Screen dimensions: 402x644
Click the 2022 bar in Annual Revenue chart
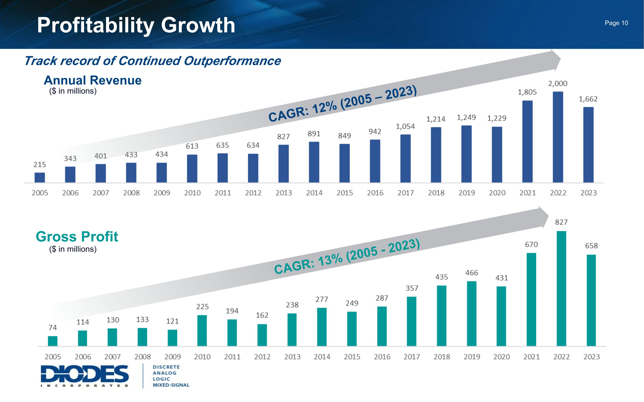tap(558, 137)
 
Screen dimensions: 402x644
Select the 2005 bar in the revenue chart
tap(40, 177)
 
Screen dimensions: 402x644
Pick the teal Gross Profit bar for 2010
tap(202, 330)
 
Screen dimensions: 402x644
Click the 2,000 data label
tap(558, 83)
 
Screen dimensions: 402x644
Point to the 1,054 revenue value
tap(405, 126)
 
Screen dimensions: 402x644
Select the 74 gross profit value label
tap(53, 328)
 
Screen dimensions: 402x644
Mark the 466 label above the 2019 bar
tap(472, 273)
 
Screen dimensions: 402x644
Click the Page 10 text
tap(616, 23)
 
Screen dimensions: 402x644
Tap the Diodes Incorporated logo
tap(85, 375)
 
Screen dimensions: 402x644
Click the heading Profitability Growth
tap(136, 25)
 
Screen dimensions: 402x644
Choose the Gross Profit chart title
tap(77, 236)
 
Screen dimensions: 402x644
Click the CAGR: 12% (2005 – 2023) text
tap(342, 104)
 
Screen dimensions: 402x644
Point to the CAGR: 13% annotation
tap(347, 257)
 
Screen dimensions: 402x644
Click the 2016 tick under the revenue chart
tap(375, 193)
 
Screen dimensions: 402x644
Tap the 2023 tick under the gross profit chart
tap(591, 357)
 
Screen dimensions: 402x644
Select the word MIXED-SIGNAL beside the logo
tap(171, 385)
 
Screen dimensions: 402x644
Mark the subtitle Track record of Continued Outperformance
tap(152, 61)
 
